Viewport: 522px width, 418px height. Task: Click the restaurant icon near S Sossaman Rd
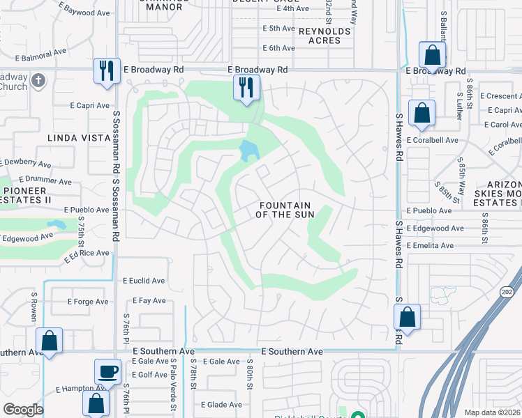click(106, 70)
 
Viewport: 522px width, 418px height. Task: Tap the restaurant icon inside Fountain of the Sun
click(246, 87)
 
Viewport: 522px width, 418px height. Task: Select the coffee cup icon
click(107, 371)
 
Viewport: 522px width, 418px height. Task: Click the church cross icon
click(38, 81)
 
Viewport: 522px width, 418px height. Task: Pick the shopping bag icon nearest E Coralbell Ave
click(422, 113)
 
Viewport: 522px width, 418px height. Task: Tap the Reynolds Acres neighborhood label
click(325, 36)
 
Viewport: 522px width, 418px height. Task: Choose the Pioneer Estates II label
click(27, 194)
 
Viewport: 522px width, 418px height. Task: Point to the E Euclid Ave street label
click(144, 281)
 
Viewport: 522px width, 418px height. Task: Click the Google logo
click(23, 409)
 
